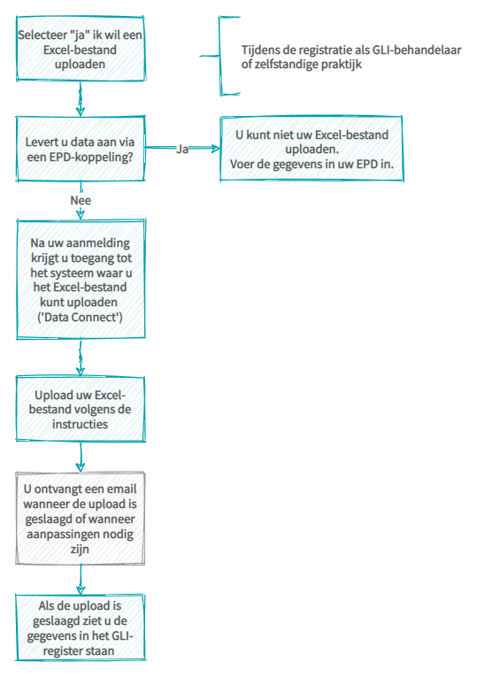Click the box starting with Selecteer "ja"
tap(81, 49)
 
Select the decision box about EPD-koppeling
tap(81, 149)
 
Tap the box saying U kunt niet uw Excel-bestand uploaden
tap(312, 149)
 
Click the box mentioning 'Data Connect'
tap(81, 279)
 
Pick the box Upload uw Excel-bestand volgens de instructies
tap(81, 409)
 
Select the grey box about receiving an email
tap(81, 518)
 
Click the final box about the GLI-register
tap(81, 627)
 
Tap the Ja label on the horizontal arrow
tap(182, 150)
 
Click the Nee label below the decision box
tap(81, 201)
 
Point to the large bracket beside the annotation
tap(221, 56)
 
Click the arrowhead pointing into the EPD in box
tap(215, 149)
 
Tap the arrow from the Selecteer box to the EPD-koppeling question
tap(81, 98)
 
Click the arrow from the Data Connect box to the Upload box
tap(81, 358)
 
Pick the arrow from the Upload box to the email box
tap(81, 457)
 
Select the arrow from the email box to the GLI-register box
tap(81, 580)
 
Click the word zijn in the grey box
tap(80, 549)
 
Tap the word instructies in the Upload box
tap(80, 424)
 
